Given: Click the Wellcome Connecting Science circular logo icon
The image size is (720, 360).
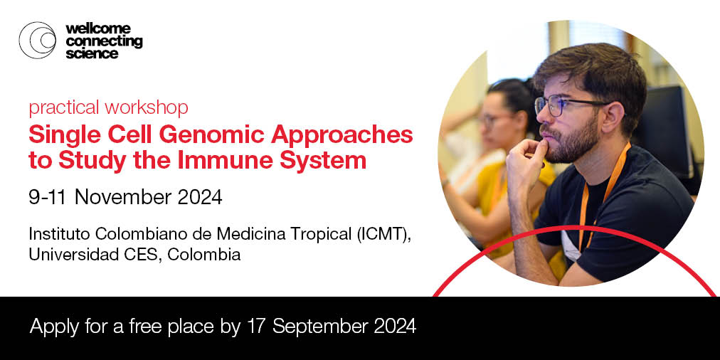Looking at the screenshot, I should (38, 40).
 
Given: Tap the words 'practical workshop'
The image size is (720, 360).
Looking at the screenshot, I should (108, 107).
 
